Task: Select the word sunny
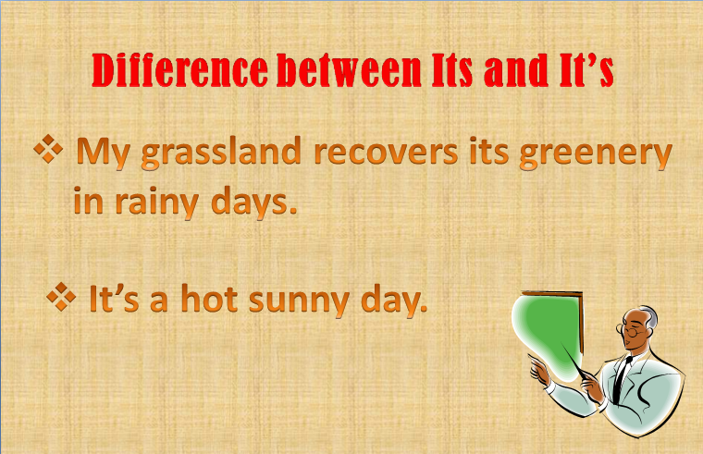[x=298, y=301]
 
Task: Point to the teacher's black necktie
[x=628, y=374]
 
